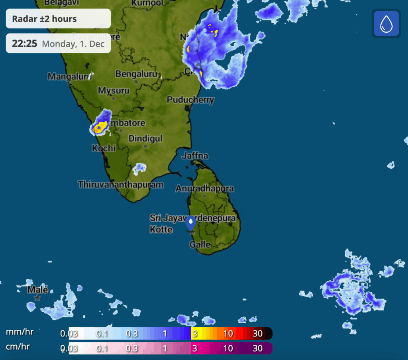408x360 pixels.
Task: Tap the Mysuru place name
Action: [114, 91]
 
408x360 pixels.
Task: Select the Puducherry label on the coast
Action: [190, 100]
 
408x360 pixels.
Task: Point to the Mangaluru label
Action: [69, 76]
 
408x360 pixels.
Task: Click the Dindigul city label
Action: [145, 138]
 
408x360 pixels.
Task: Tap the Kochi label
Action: [104, 148]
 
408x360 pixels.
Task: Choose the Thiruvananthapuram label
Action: [121, 185]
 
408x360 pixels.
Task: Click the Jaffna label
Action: [195, 155]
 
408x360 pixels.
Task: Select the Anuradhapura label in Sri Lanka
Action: [205, 188]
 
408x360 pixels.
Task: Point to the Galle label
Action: [200, 244]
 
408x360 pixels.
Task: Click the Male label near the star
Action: [38, 290]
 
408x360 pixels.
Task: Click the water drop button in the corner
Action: [386, 24]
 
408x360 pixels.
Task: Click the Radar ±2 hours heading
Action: [44, 19]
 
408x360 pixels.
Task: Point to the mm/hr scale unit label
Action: [20, 332]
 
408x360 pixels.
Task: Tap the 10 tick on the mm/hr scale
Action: [228, 333]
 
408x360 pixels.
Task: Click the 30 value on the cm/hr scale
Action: [258, 348]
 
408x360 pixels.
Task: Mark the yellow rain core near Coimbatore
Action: [100, 128]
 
